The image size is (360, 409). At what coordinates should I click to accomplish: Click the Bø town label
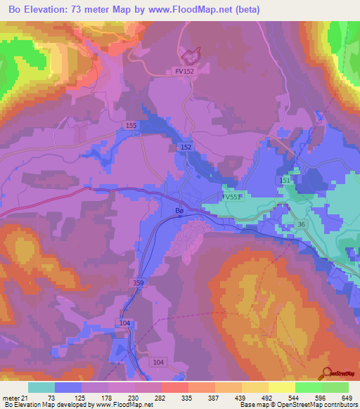(179, 209)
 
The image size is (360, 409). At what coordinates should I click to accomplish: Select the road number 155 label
(130, 125)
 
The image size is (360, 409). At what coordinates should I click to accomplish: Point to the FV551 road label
(232, 197)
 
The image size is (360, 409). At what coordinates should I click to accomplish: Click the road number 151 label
(285, 181)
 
